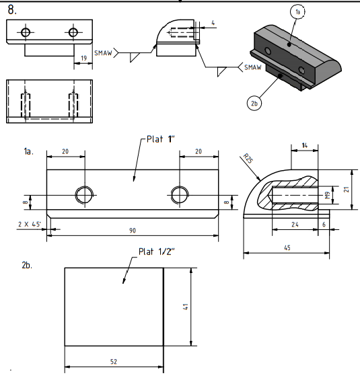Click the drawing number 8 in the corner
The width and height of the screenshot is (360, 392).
(12, 10)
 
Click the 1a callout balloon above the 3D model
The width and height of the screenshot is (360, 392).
(297, 11)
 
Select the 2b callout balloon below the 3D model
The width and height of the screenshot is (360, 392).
(254, 104)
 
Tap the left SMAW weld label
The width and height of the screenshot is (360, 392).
(103, 53)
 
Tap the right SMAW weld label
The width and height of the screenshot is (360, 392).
(253, 67)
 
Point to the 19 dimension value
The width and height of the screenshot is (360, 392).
(84, 58)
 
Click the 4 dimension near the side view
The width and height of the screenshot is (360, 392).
(213, 23)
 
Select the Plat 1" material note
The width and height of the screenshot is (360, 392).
(160, 139)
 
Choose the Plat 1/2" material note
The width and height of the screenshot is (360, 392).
(156, 251)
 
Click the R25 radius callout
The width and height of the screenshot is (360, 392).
(248, 159)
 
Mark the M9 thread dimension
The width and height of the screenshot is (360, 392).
(328, 195)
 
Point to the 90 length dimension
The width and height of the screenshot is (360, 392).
(133, 231)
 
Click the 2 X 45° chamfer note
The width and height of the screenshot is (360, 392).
(29, 224)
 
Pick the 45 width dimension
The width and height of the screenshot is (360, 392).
(287, 247)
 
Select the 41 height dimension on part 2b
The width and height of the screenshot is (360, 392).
(186, 307)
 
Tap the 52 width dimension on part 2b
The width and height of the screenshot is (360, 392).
(114, 362)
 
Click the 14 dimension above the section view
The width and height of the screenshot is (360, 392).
(304, 145)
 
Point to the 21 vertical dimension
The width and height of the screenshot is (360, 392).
(347, 190)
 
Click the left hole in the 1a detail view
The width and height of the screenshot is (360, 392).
(85, 195)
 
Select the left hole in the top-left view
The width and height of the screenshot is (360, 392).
(26, 32)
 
